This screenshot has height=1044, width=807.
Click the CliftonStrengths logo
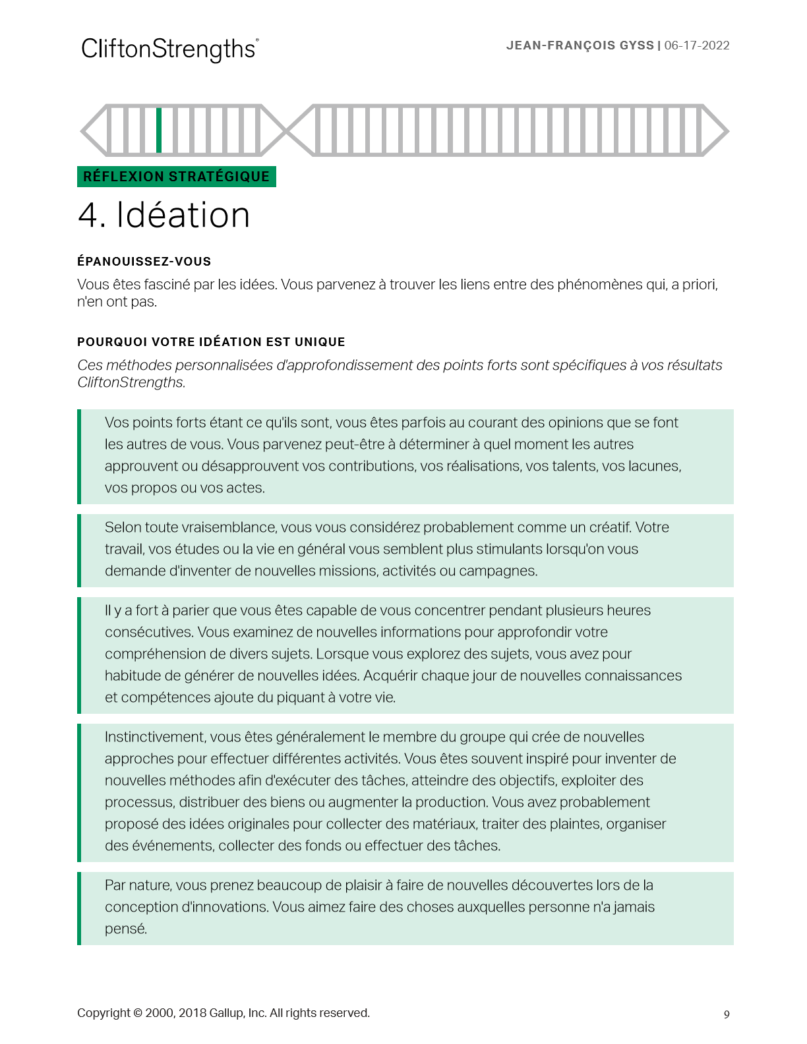tap(169, 49)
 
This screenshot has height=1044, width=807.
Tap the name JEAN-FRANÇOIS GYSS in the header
tap(580, 45)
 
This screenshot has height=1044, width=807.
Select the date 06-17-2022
tap(697, 45)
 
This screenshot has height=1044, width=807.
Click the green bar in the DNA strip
tap(159, 130)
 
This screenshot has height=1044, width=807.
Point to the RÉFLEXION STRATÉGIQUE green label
tap(176, 177)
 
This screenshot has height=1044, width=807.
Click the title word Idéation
tap(183, 216)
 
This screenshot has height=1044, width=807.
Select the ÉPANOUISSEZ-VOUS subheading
tap(144, 262)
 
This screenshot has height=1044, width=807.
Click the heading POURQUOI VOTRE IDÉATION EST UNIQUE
tap(211, 342)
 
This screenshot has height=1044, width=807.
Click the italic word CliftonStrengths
tap(131, 382)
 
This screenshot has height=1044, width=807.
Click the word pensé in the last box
tap(125, 929)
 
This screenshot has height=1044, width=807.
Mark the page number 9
tap(727, 1014)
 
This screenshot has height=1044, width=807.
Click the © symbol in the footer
tap(138, 1013)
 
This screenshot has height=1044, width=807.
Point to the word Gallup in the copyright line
tap(226, 1013)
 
